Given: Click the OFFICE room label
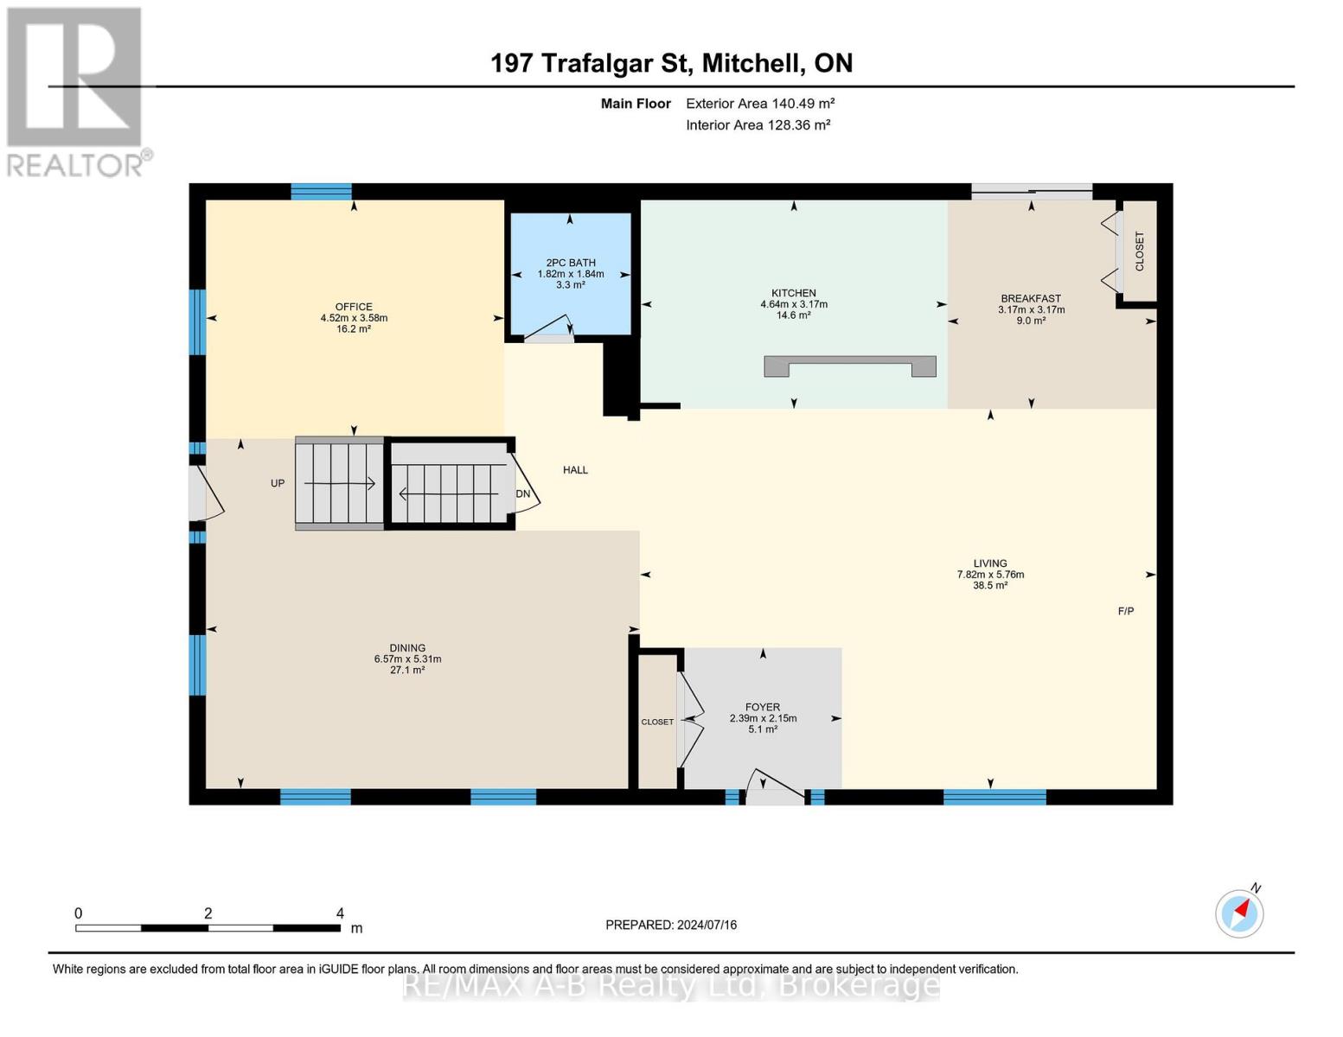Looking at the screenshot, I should pos(354,307).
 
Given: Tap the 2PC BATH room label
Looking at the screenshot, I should pos(571,263).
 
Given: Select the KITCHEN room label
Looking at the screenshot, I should pos(794,293).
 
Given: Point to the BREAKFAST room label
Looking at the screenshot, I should pos(1031,299).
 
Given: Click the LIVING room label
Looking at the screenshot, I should pos(990,563).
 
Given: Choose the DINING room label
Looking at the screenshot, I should pos(407,648).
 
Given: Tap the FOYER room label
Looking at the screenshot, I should pos(763,707).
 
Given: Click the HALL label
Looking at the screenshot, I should pos(575,470).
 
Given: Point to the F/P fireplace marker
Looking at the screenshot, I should pos(1126,611).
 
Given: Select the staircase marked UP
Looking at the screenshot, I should pos(339,484).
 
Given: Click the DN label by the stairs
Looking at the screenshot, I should pos(523,494).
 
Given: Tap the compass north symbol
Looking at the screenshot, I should pos(1239,913).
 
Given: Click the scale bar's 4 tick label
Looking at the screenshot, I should pos(340,913).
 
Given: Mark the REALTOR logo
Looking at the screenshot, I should pos(76,91).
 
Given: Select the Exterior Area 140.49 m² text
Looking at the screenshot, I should pos(760,104).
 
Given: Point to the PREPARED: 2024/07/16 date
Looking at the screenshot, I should pos(671,925).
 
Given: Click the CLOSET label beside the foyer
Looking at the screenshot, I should pos(657,722).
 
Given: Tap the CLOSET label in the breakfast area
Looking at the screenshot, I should pos(1139,251).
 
